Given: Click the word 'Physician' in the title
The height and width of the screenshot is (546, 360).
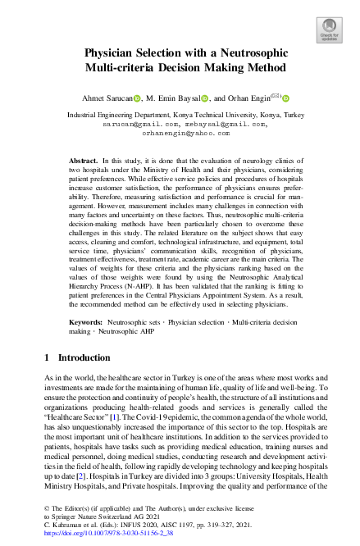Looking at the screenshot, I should point(116,53).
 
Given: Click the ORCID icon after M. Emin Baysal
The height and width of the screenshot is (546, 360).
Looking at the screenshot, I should point(206,98).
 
